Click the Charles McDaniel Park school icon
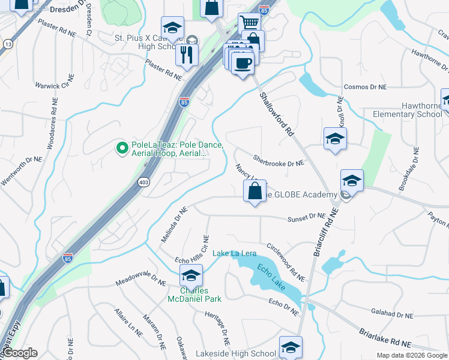[191, 276]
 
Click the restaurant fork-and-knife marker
[187, 55]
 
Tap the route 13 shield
[8, 44]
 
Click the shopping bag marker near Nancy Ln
[255, 191]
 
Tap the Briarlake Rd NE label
[385, 337]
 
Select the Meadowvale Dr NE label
[140, 280]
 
